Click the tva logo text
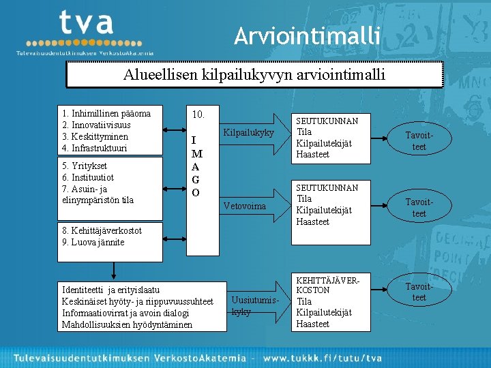85,24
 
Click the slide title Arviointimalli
306,35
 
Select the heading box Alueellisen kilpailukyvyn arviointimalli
254,74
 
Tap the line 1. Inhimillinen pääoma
106,113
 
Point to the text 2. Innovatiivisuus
96,125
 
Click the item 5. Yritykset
84,166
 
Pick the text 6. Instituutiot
89,177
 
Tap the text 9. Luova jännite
93,242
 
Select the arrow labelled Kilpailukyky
248,132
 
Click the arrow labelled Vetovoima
245,206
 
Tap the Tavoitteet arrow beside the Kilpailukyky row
419,141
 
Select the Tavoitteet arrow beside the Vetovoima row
419,208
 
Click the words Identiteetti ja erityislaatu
110,290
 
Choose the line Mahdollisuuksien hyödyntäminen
127,324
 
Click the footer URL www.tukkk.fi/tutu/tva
323,357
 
